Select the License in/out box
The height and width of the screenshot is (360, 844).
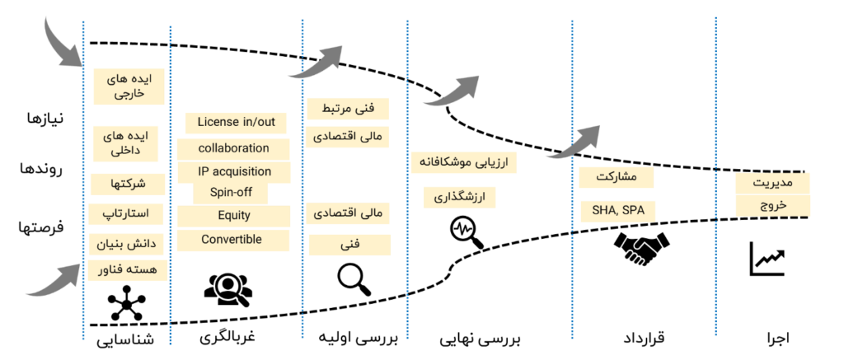pyautogui.click(x=236, y=123)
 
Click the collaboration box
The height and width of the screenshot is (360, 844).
pyautogui.click(x=234, y=148)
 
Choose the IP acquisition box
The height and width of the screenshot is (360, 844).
pyautogui.click(x=235, y=172)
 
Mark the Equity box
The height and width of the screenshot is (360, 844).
pyautogui.click(x=234, y=216)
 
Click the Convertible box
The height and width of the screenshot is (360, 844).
pyautogui.click(x=232, y=240)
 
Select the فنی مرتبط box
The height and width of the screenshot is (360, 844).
pyautogui.click(x=346, y=108)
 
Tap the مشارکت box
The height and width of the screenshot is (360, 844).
pyautogui.click(x=617, y=177)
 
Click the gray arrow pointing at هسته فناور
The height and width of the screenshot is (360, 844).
pyautogui.click(x=54, y=281)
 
